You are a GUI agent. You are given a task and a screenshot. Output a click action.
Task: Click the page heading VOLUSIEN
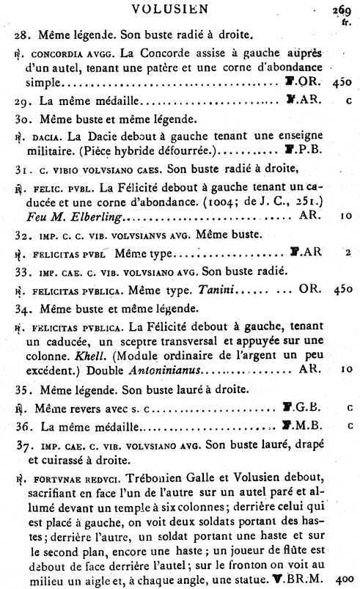[x=180, y=9]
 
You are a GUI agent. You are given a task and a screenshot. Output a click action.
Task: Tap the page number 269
[x=339, y=10]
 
